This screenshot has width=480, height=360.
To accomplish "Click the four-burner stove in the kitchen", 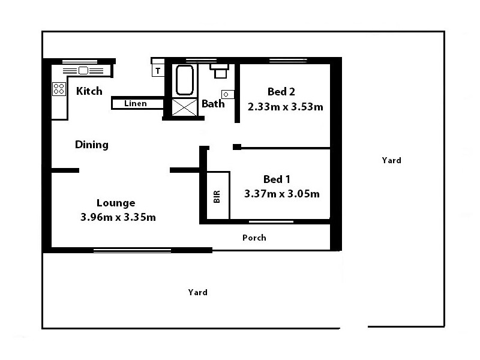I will click(x=59, y=89).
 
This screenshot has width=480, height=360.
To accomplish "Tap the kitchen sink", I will click(x=83, y=70).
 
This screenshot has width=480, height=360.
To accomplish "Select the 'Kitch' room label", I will click(x=89, y=91).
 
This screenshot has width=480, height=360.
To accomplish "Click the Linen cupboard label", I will click(x=135, y=104).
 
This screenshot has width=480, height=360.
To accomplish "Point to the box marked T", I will click(x=158, y=71).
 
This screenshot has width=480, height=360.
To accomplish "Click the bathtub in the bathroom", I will click(x=184, y=80).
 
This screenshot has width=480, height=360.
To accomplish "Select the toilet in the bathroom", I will click(x=219, y=71).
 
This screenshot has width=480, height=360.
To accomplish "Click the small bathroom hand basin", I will click(x=227, y=94).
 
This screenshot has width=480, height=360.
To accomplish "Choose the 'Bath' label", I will click(x=213, y=104).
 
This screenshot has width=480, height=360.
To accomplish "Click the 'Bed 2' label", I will click(x=281, y=92).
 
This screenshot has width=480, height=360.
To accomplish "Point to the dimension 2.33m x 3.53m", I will click(x=286, y=107).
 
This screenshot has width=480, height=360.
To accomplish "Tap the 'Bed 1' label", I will click(x=277, y=179).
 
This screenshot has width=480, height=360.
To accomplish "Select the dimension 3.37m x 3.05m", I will click(x=281, y=194).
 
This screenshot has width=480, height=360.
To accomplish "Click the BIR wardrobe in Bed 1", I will click(x=218, y=196).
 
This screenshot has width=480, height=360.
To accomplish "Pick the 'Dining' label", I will click(x=91, y=145).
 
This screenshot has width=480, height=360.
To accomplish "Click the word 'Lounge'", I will click(x=116, y=203).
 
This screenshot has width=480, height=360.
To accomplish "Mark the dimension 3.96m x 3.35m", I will click(x=118, y=217).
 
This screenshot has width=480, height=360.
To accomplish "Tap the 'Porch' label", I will click(x=254, y=238).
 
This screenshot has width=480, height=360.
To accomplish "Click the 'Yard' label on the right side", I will click(x=391, y=160).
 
